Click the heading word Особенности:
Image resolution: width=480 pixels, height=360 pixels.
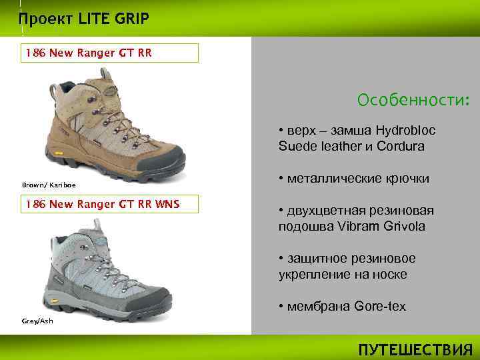[x=413, y=100]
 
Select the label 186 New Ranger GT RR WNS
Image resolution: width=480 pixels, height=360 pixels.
[x=102, y=203]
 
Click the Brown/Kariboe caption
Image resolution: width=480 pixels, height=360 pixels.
[x=49, y=185]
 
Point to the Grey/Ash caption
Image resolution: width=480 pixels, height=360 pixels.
[x=37, y=321]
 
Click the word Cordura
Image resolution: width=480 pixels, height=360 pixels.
[x=399, y=145]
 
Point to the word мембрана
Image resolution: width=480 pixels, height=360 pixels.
[x=313, y=307]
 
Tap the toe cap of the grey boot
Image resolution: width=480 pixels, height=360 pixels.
[x=166, y=295]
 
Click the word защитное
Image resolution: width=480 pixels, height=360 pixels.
[x=318, y=259]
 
